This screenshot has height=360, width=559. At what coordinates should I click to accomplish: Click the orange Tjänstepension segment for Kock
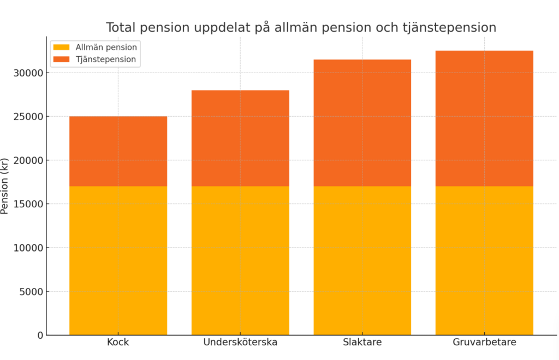118,151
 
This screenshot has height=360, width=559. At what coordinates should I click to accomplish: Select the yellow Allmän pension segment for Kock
118,260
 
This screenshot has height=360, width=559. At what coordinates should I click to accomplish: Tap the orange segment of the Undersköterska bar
240,138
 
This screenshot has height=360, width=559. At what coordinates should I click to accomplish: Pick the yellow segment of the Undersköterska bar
240,260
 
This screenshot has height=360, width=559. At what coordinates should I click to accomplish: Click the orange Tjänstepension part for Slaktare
362,123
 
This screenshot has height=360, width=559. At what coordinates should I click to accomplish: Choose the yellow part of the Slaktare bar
362,260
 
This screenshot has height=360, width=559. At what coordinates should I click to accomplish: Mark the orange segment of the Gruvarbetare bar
484,118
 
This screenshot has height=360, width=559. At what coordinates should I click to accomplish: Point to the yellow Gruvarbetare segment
484,260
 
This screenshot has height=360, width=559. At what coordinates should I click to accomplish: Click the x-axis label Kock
118,343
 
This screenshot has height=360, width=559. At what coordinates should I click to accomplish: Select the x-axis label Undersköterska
240,343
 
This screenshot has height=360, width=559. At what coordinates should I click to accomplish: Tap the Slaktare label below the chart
362,343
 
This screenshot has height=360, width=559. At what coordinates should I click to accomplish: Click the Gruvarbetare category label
484,343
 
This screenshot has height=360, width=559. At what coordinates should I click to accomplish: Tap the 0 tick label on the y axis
39,335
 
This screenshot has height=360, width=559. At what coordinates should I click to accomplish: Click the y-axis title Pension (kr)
5,185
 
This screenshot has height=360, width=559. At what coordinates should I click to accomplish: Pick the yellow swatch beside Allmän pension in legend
62,47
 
